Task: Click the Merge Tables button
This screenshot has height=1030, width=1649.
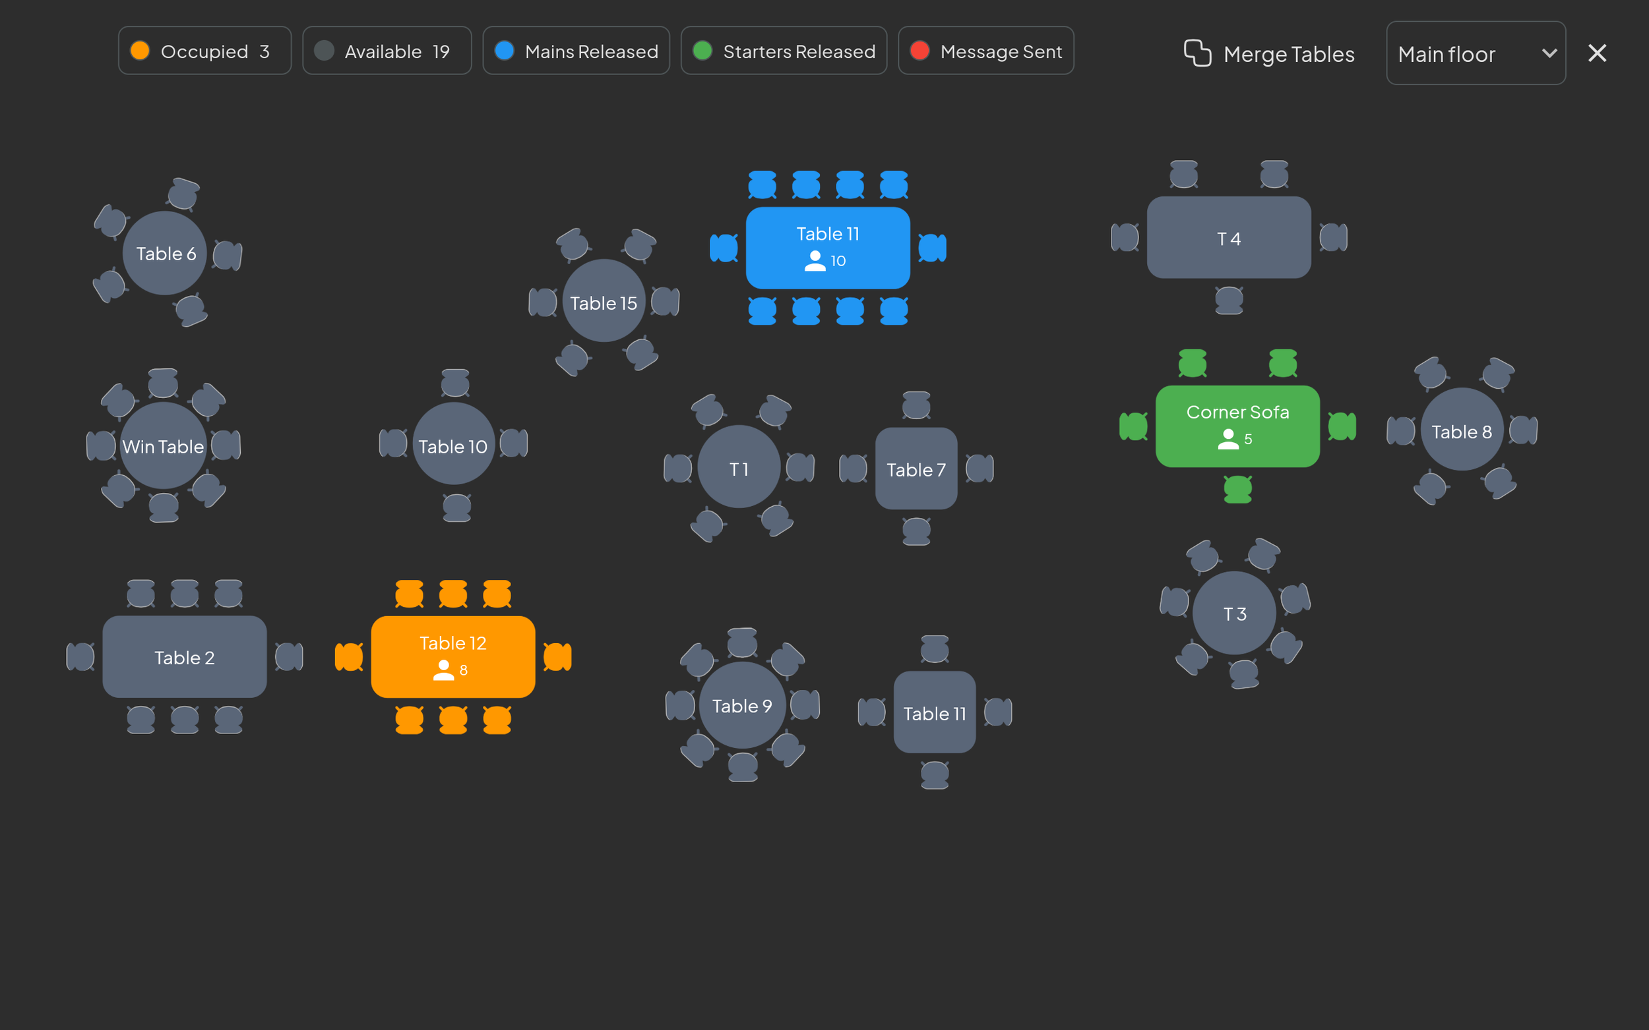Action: [1268, 53]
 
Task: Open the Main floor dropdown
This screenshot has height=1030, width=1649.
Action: [1475, 53]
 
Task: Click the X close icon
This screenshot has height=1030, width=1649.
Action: [1596, 53]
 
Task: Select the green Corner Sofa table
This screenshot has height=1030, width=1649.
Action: [1237, 426]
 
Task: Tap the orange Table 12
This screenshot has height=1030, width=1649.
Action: [452, 656]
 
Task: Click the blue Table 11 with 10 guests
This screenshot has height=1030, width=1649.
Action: [827, 247]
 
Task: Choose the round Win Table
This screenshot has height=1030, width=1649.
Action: [163, 446]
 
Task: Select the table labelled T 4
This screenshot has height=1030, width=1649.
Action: [1228, 238]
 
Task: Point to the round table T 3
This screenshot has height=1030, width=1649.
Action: [1234, 613]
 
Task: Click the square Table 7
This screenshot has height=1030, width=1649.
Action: [916, 469]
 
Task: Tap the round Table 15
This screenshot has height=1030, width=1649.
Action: [604, 302]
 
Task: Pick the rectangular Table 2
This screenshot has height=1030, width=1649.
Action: [184, 657]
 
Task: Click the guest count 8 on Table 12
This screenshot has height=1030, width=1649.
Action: [464, 670]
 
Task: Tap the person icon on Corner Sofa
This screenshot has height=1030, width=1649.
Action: [1228, 440]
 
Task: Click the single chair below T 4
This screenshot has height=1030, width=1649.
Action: [1228, 300]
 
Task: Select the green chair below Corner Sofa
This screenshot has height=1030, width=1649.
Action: [1237, 489]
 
